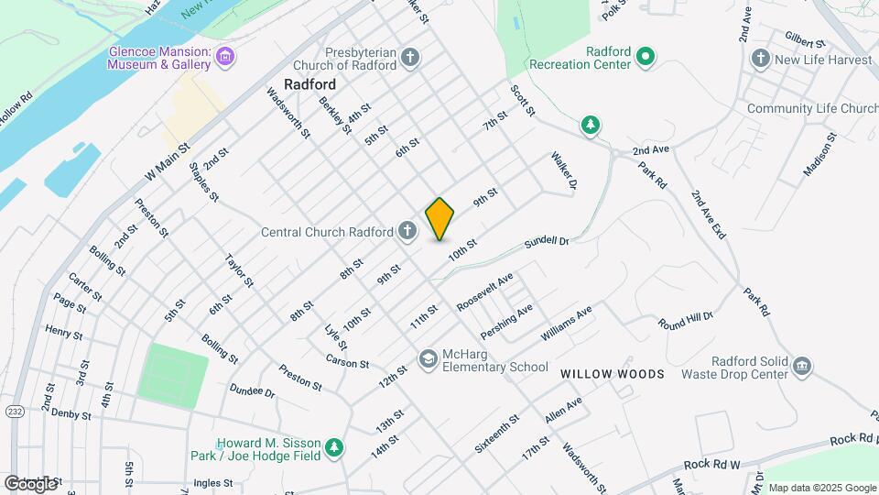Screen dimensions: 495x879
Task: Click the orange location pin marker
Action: click(x=440, y=219)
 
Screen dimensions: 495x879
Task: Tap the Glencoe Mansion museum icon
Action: click(x=225, y=59)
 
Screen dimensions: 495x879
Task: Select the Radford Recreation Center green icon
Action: click(x=646, y=58)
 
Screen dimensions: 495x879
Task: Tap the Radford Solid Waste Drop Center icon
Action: click(x=801, y=367)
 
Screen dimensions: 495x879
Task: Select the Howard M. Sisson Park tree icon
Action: click(x=336, y=446)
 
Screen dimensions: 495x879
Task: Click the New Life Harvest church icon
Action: click(x=760, y=60)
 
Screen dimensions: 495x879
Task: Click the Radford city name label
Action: click(x=309, y=83)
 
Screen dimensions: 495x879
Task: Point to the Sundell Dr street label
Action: click(x=547, y=242)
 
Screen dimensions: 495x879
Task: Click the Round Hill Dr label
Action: click(x=685, y=321)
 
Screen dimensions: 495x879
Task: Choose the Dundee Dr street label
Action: click(x=253, y=391)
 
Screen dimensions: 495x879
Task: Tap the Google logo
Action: click(x=29, y=483)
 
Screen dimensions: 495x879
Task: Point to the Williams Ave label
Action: click(x=566, y=324)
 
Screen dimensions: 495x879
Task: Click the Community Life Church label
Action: click(x=812, y=108)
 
